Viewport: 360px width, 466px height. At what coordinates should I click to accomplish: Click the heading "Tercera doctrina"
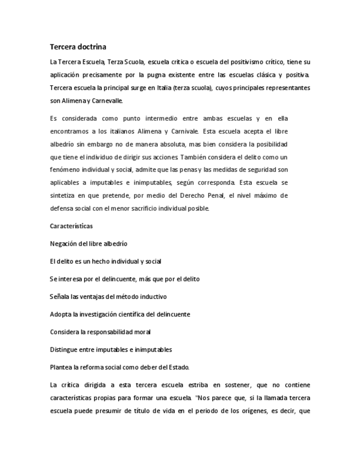tap(77, 47)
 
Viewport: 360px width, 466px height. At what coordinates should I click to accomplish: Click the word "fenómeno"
tap(63, 170)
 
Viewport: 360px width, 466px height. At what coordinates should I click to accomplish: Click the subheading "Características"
tap(71, 226)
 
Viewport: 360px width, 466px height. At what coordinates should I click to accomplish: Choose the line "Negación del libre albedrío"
tap(88, 243)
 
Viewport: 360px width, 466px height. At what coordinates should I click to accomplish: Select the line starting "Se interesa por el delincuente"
tap(124, 279)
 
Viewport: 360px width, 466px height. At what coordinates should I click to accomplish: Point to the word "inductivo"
tap(152, 297)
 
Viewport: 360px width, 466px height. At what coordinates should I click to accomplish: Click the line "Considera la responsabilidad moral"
tap(100, 332)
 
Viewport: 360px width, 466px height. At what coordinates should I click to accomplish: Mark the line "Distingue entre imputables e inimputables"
tap(110, 349)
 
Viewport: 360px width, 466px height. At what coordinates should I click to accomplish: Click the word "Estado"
tap(179, 367)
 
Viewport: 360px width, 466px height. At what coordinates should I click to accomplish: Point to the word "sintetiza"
tap(64, 196)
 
